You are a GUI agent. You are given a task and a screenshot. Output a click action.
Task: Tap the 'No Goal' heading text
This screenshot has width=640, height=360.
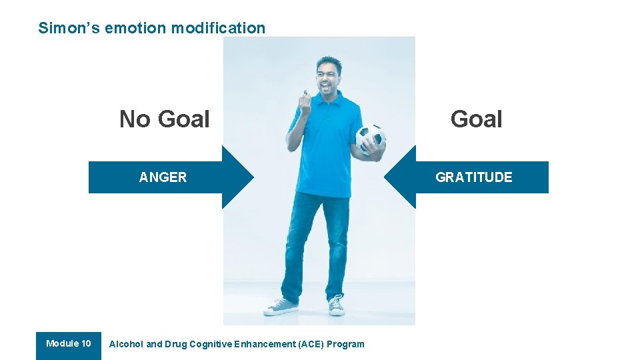(164, 119)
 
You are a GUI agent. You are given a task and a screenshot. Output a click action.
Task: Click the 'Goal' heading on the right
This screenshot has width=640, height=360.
(476, 119)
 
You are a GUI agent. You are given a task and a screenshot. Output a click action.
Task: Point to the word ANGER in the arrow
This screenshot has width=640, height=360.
(163, 177)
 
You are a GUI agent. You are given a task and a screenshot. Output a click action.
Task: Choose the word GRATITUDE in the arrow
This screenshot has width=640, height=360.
(473, 177)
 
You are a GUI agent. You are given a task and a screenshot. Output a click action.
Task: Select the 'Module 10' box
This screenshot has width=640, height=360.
(69, 345)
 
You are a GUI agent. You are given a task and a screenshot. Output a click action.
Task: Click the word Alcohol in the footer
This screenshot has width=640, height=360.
(126, 344)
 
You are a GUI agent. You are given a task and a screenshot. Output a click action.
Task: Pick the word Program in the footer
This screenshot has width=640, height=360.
(346, 344)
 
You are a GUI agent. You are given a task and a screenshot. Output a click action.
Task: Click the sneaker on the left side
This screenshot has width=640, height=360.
(281, 307)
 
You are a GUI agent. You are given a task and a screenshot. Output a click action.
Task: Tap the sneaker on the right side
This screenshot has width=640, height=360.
(336, 305)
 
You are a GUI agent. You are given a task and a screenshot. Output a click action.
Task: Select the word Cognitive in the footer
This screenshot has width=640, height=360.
(211, 344)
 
